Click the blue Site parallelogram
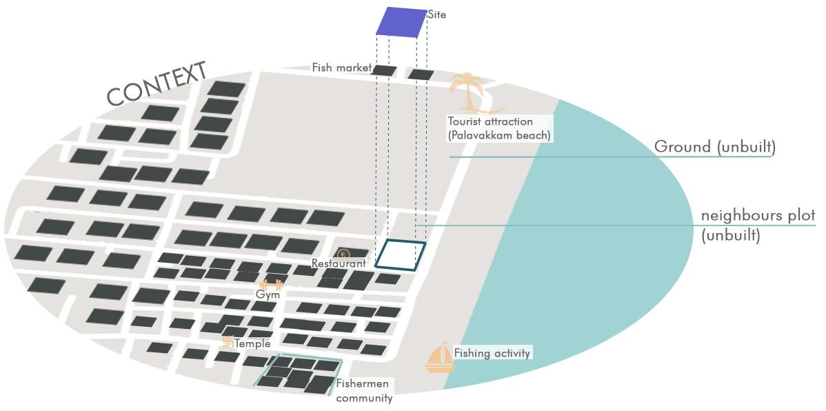tap(401, 21)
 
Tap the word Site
tap(437, 14)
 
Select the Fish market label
tap(341, 68)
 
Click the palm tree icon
tap(471, 92)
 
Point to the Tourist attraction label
tap(490, 122)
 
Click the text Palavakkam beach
tap(499, 135)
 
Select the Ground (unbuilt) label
tap(714, 147)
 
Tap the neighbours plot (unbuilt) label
tap(758, 225)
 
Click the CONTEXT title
tap(157, 84)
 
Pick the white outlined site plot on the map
tap(400, 255)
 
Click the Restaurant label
tap(339, 263)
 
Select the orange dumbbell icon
tap(271, 285)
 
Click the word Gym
tap(268, 294)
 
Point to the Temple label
tap(252, 343)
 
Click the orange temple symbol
tap(228, 341)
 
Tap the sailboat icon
tap(440, 357)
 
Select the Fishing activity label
tap(492, 353)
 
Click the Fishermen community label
tap(363, 390)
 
